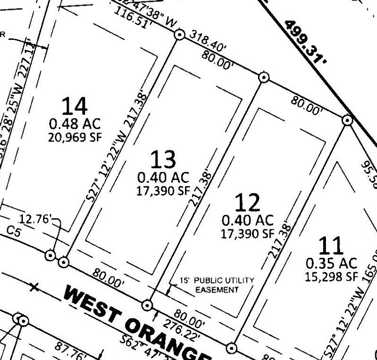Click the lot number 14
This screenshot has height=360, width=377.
(75, 106)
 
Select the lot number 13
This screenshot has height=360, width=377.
(163, 160)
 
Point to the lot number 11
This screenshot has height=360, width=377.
(331, 246)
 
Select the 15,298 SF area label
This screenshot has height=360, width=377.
(332, 277)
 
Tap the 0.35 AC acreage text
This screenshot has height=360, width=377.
(332, 263)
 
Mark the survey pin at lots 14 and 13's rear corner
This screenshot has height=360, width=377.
(178, 34)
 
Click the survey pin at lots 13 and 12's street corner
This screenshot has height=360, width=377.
(148, 305)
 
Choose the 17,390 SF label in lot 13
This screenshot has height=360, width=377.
(163, 190)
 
